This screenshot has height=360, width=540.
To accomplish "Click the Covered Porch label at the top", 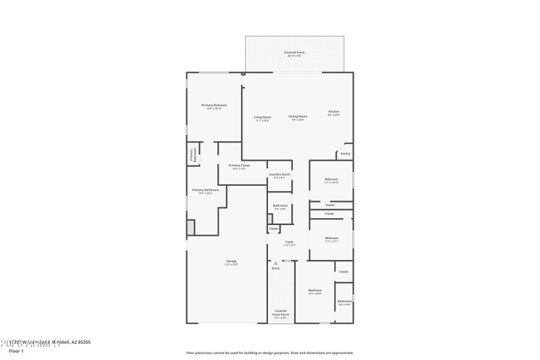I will pos(294,53).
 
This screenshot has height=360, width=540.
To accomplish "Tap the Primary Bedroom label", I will pos(214,106).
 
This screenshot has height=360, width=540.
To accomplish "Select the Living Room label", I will pos(262,118).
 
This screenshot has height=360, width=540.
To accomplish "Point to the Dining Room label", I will pos(298,117).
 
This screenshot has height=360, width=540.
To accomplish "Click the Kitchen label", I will pos(333,112).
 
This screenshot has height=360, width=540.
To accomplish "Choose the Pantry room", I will pos(345,153).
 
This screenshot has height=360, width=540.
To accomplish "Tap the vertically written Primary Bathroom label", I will pos(192,155).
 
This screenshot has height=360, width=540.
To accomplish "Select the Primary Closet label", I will pos(239,166).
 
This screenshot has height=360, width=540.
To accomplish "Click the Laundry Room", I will pos(279,176).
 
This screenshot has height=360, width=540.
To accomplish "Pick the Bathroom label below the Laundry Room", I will pos(280,206).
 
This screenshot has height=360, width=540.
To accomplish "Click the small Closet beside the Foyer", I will pos(273,229).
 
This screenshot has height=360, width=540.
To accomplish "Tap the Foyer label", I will pos(289,242).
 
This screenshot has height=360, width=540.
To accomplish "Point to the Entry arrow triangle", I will pos(275,263).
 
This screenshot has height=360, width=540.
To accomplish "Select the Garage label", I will pos(231,261).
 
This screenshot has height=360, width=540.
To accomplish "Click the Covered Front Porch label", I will pos(281,313).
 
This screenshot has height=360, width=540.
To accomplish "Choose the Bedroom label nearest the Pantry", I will pos(331,180).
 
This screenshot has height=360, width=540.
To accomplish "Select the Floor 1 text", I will pos(16,351).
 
